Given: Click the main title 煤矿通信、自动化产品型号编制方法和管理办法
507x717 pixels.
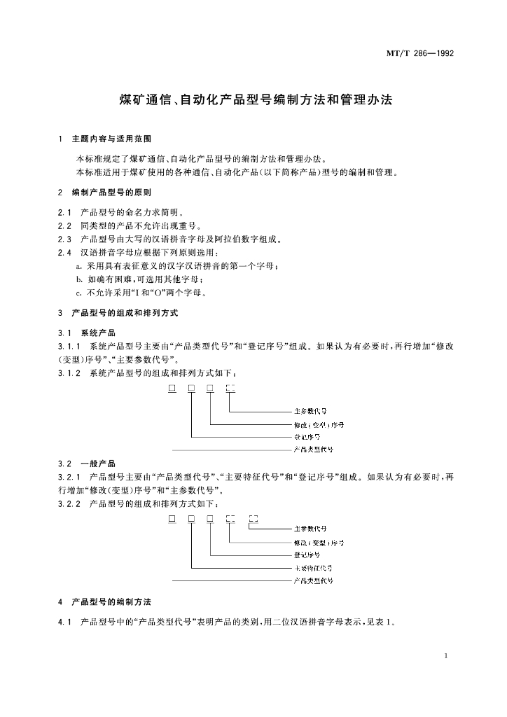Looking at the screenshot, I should coord(253,100).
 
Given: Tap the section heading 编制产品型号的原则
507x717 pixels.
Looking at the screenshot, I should coord(111,192).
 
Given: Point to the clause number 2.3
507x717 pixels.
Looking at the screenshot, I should coord(65,239).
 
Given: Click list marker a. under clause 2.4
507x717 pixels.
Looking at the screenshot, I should coord(79,266).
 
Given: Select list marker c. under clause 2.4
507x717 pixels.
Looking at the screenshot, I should coord(79,292).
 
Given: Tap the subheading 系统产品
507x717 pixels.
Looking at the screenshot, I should coord(98,332).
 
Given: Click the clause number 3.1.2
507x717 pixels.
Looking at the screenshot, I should coord(69,371).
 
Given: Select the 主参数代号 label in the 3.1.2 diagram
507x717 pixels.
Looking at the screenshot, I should coord(310,412).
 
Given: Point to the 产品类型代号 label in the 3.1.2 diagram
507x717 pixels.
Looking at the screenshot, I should coord(313,449).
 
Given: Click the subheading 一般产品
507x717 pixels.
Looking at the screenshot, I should coord(98,464).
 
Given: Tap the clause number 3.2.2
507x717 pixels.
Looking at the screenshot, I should coord(69,503).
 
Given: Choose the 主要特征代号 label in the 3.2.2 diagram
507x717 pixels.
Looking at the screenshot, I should coord(313,568).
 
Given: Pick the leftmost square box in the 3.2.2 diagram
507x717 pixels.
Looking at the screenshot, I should coord(172,519).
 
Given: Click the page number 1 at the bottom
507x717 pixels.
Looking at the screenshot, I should coord(446,656).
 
